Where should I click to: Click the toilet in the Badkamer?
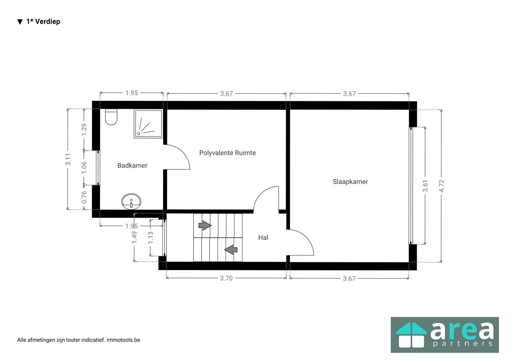[x=111, y=117]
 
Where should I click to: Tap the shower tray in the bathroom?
[x=149, y=124]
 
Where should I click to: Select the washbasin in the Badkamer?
[x=131, y=202]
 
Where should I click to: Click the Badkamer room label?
[x=132, y=166]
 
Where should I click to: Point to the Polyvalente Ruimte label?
[x=228, y=153]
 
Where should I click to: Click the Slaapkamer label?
[x=350, y=182]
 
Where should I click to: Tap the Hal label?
[x=263, y=238]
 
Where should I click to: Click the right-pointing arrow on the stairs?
[x=205, y=225]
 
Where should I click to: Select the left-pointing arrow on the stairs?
[x=231, y=250]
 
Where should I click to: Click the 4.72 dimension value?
[x=441, y=186]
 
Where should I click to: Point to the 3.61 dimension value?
[x=425, y=186]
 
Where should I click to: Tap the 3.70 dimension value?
[x=226, y=278]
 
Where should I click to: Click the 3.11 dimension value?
[x=68, y=159]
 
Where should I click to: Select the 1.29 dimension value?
[x=84, y=130]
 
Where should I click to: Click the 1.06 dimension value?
[x=84, y=167]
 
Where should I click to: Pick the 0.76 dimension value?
[x=84, y=197]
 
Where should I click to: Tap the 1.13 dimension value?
[x=151, y=238]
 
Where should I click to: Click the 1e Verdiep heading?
[x=43, y=22]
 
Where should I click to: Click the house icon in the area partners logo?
[x=411, y=335]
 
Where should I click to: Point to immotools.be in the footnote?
[x=123, y=340]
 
